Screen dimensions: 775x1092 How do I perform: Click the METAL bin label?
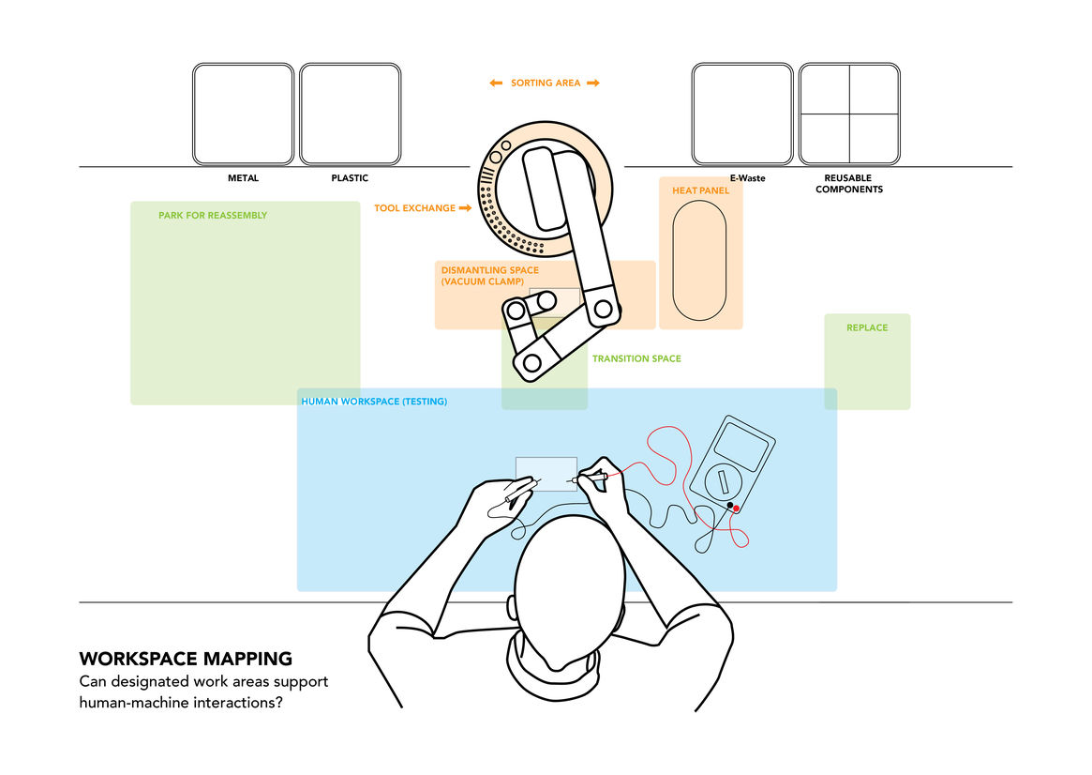tap(243, 178)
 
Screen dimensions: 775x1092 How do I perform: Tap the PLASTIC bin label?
tap(350, 178)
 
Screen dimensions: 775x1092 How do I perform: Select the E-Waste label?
tap(748, 178)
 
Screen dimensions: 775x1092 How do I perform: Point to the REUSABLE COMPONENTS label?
tap(848, 184)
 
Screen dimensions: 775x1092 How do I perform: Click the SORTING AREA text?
tap(546, 84)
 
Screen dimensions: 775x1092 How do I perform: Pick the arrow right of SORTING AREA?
tap(593, 84)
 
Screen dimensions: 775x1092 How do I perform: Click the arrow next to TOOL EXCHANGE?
tap(465, 208)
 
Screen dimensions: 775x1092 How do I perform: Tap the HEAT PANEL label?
tap(700, 190)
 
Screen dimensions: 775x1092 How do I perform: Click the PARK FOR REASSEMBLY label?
tap(213, 216)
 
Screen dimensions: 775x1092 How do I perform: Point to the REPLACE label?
tap(867, 328)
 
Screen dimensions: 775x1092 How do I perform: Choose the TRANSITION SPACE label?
tap(636, 359)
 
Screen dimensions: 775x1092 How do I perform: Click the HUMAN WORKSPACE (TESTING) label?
tap(374, 402)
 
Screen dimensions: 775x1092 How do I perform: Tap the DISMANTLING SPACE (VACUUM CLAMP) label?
tap(490, 276)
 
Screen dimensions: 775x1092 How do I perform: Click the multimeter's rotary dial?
tap(723, 482)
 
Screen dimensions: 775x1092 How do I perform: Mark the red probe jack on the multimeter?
tap(736, 509)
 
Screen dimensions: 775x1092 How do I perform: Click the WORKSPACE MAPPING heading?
tap(186, 659)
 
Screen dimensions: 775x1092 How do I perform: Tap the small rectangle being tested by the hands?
tap(546, 473)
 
